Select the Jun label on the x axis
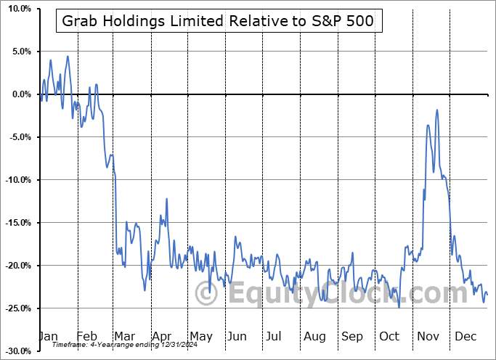(236, 337)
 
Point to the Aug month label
(314, 337)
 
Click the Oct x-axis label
(389, 337)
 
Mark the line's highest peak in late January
(68, 56)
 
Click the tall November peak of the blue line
(437, 110)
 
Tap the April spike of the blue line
(167, 198)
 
